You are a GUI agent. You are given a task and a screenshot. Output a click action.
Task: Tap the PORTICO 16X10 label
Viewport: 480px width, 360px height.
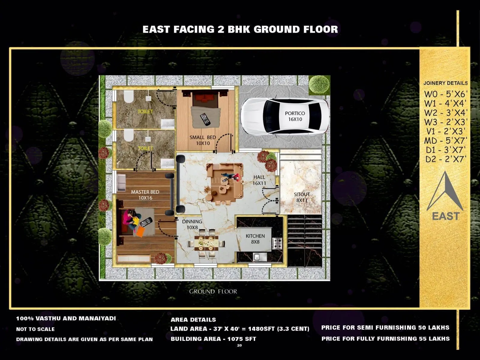click(x=295, y=116)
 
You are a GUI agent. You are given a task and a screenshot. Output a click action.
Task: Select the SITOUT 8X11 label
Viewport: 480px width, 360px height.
click(x=302, y=197)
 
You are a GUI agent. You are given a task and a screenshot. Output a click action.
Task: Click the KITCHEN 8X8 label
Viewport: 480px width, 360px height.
click(x=255, y=239)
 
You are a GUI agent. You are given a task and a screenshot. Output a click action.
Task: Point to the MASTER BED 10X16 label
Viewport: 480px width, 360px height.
click(x=145, y=195)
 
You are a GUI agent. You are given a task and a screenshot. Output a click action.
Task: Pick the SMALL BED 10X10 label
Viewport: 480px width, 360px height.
click(x=203, y=140)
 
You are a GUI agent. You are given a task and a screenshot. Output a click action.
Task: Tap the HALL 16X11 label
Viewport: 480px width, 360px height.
click(x=259, y=180)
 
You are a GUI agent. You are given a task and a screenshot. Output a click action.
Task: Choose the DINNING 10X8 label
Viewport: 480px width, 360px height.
click(x=192, y=224)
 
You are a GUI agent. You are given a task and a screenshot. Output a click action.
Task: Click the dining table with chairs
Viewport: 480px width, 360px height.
click(x=206, y=243)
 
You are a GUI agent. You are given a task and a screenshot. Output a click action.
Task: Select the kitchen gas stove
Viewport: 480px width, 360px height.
click(x=277, y=243)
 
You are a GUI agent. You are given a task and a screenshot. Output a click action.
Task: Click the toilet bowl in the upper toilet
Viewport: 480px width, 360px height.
click(x=128, y=97)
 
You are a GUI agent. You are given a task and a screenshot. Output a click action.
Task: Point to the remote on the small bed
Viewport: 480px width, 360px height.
click(x=205, y=119)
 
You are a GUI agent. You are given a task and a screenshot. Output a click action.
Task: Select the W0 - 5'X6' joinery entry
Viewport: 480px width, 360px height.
click(x=445, y=94)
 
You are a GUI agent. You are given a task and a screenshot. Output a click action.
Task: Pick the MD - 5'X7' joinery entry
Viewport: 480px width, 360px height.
click(x=445, y=140)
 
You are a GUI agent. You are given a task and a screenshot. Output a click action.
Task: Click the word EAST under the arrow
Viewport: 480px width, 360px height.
click(x=445, y=216)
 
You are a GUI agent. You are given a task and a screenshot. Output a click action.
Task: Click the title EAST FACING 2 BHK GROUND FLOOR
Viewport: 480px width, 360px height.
click(x=240, y=29)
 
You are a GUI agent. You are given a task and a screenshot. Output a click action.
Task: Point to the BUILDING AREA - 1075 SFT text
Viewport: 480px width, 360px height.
click(x=213, y=339)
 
